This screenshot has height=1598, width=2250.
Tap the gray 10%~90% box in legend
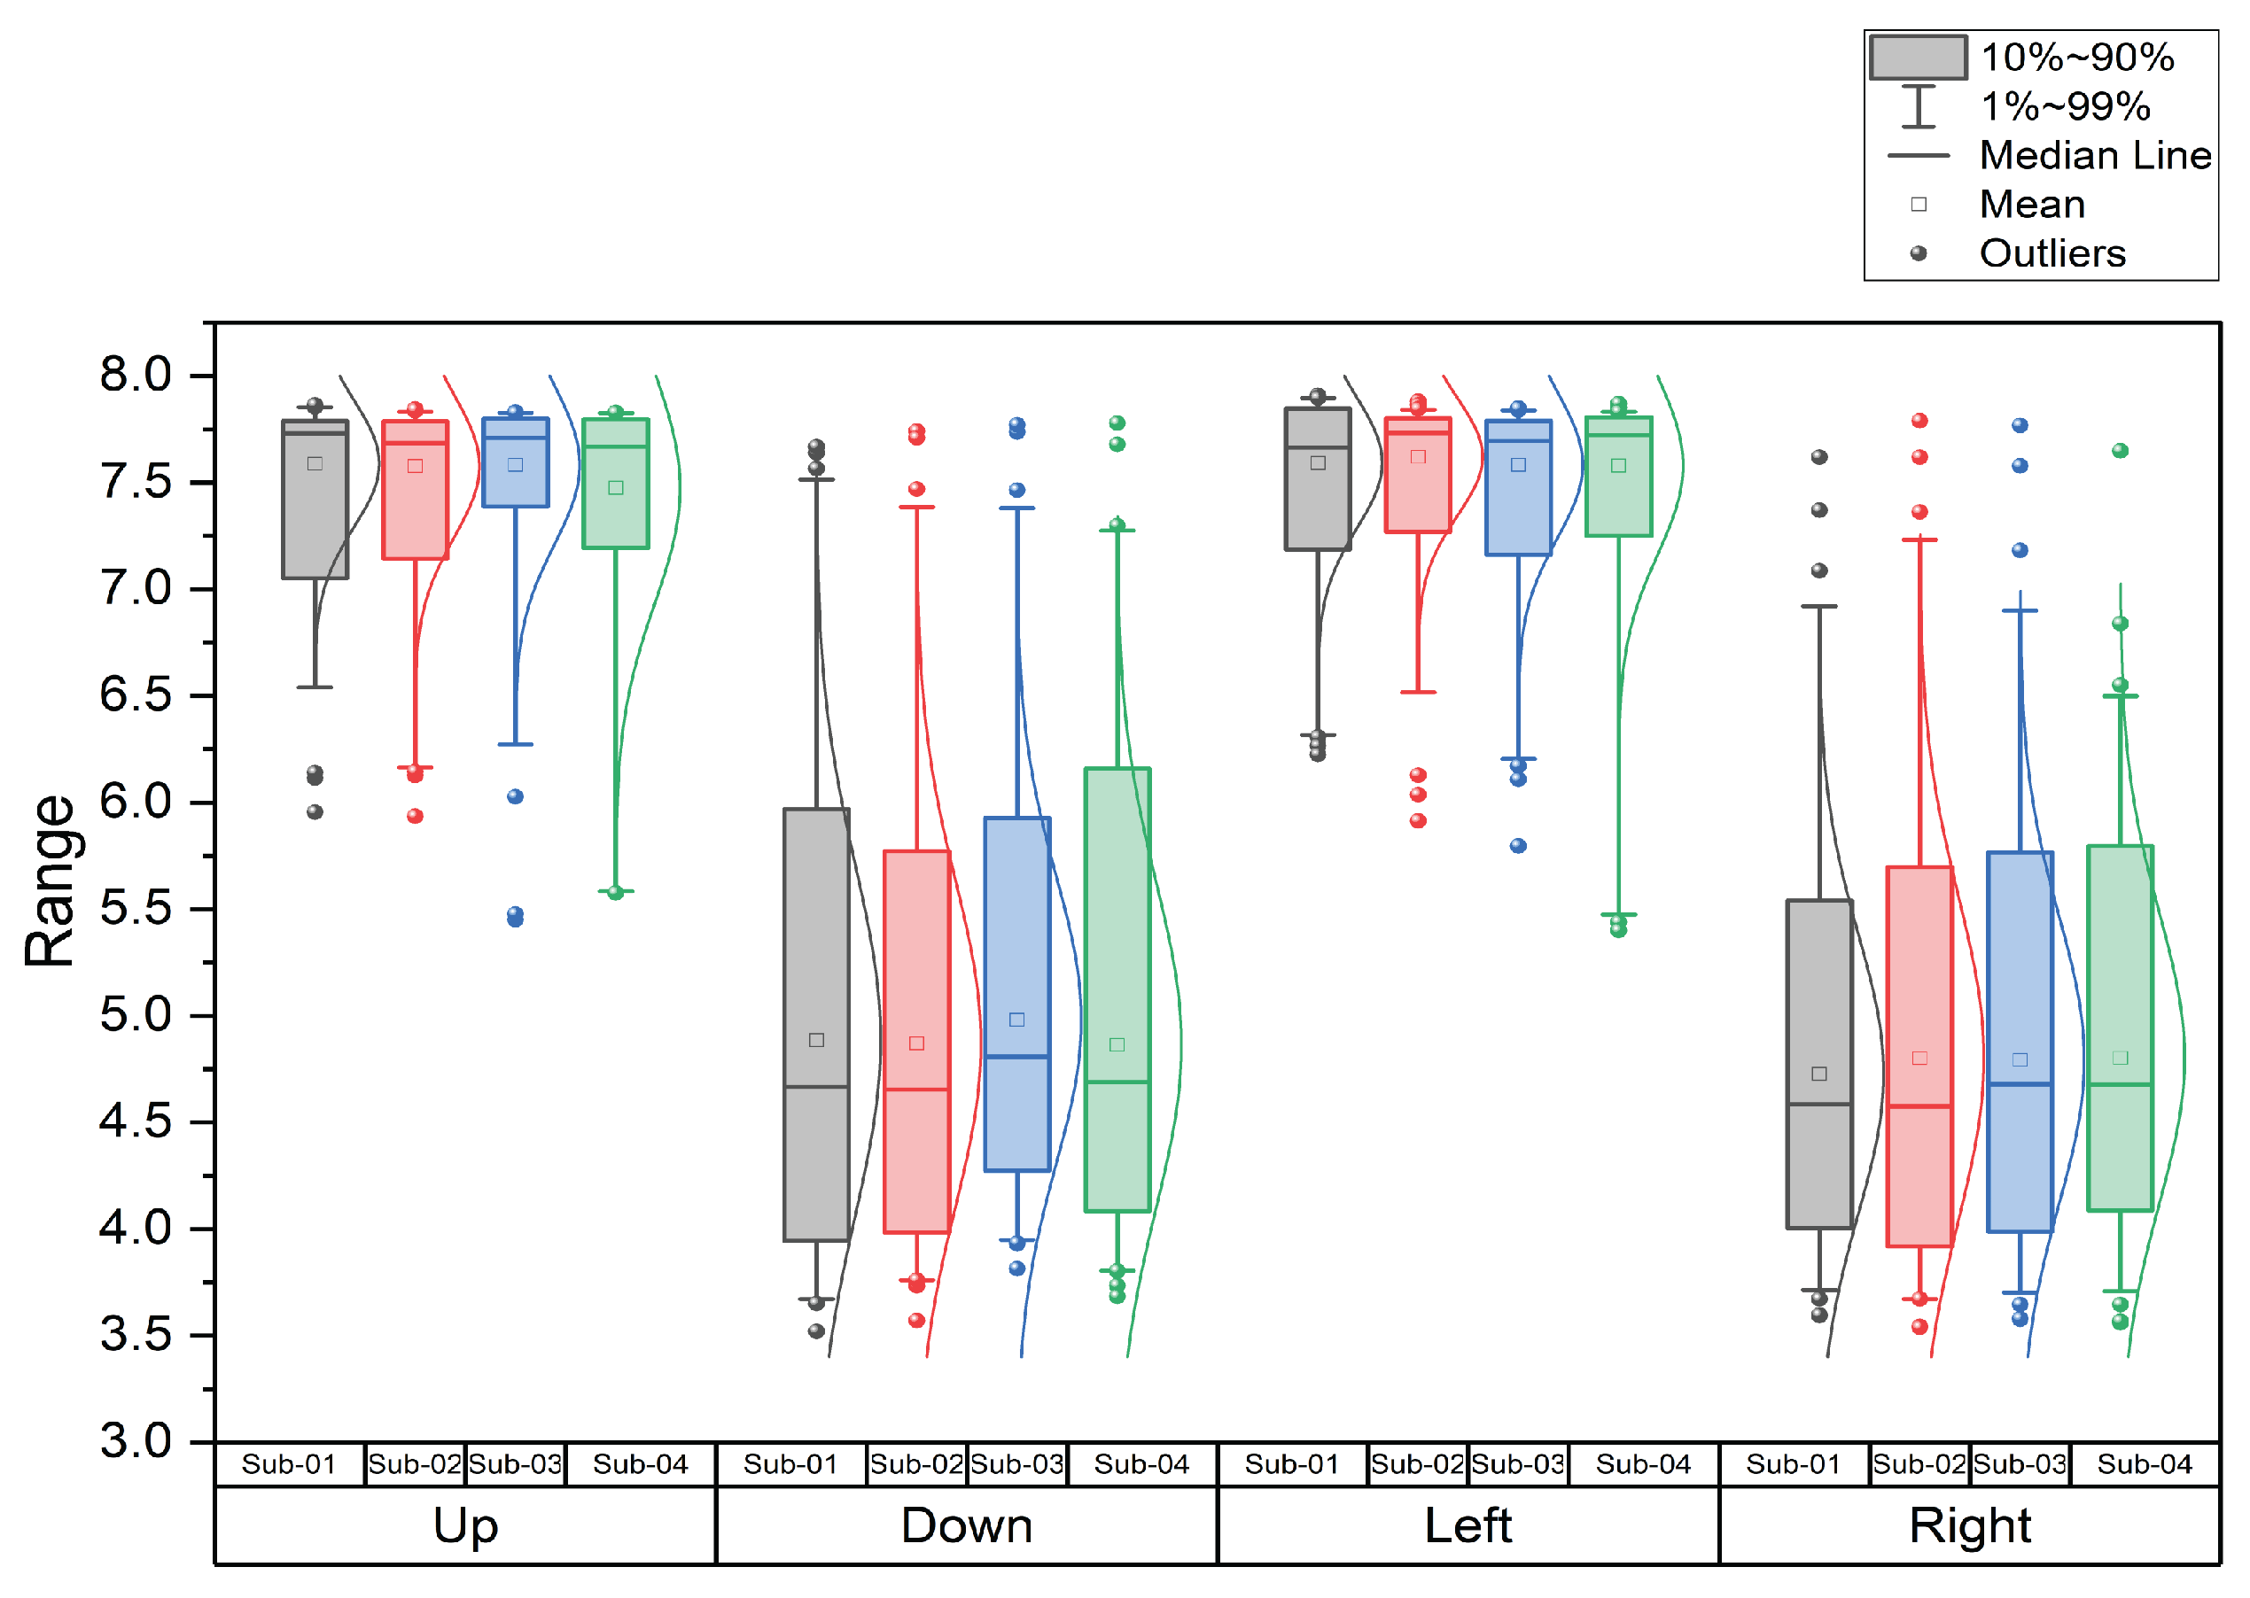click(x=1918, y=57)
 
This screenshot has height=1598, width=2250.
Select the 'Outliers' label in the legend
click(x=2052, y=254)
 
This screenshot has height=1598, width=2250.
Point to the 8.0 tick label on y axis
click(x=136, y=375)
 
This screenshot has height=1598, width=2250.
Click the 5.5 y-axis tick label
click(x=136, y=908)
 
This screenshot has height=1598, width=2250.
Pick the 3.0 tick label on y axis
click(x=136, y=1441)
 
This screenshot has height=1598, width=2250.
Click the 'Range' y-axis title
click(x=50, y=880)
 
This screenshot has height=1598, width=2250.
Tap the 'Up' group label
click(x=465, y=1526)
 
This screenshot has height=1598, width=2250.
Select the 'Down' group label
click(x=967, y=1526)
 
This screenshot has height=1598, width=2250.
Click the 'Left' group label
click(x=1468, y=1526)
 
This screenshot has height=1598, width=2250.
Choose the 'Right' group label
click(x=1969, y=1526)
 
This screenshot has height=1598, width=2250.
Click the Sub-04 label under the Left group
click(x=1643, y=1464)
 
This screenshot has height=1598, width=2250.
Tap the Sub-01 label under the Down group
click(x=790, y=1464)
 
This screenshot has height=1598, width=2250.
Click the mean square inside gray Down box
click(x=816, y=1040)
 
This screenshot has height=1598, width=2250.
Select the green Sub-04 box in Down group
click(x=1117, y=935)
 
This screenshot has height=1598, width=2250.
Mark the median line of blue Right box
click(x=2020, y=1084)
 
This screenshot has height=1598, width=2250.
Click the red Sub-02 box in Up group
click(x=416, y=512)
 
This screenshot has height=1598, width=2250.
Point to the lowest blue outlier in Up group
click(x=515, y=920)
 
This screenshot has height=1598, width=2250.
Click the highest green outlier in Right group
click(x=2120, y=451)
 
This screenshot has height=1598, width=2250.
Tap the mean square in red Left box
click(x=1418, y=456)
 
